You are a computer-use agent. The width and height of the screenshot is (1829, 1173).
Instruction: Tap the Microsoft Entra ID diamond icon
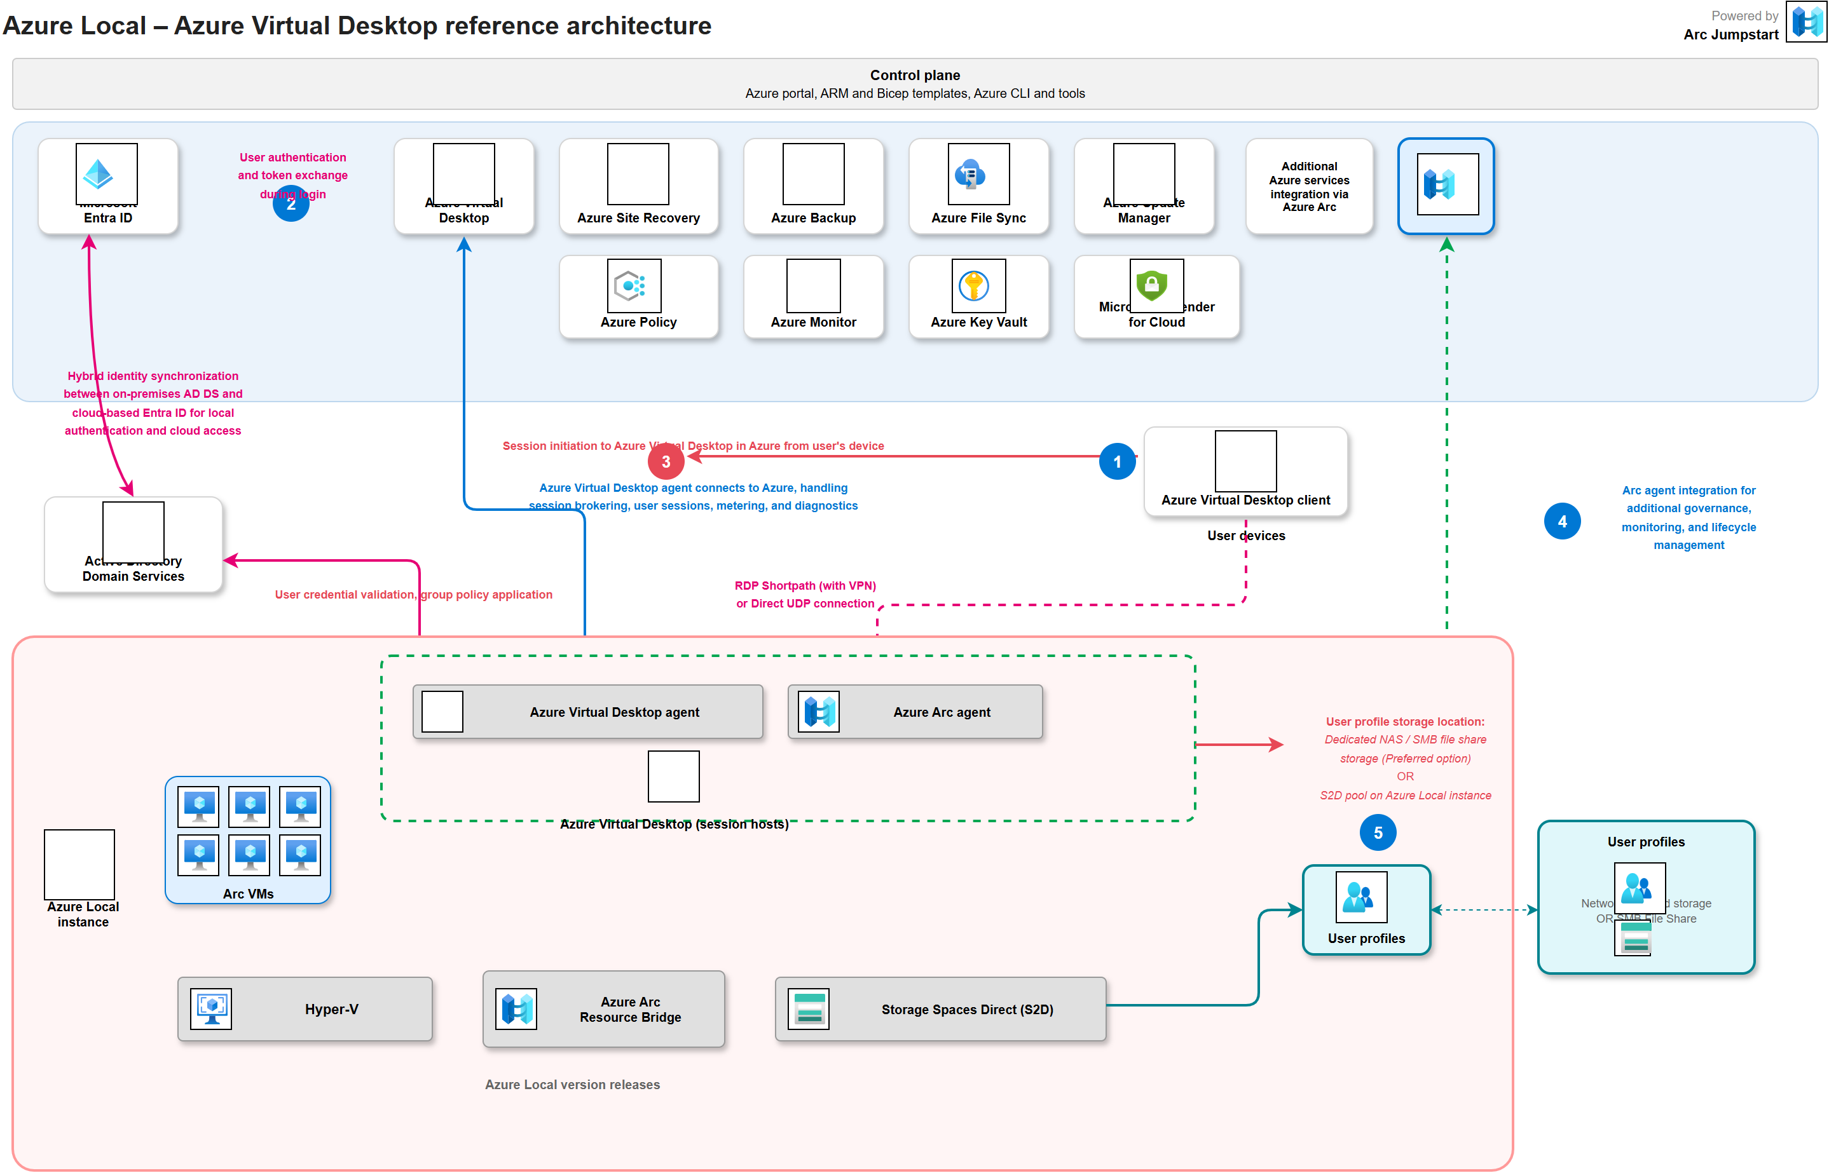click(99, 175)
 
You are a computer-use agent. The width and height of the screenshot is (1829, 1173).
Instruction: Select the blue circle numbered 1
click(1117, 461)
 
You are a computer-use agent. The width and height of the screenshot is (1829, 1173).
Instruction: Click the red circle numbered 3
click(666, 461)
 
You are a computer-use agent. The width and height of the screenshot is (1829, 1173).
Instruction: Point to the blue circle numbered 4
click(1561, 522)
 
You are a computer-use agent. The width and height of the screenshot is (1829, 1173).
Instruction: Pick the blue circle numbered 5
click(1377, 832)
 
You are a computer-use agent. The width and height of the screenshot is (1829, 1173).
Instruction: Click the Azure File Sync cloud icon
click(970, 175)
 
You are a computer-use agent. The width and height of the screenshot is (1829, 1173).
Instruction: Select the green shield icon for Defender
click(1151, 285)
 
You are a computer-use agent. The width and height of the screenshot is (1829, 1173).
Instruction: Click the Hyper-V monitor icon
click(211, 1008)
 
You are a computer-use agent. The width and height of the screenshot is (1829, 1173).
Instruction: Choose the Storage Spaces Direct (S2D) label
click(966, 1009)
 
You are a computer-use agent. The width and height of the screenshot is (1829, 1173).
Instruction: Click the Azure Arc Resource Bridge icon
click(516, 1009)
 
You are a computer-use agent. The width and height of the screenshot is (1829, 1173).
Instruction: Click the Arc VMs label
click(248, 893)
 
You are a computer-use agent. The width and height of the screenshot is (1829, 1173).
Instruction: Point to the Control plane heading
click(914, 74)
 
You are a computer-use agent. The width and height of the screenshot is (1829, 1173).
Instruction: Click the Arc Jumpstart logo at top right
click(1807, 22)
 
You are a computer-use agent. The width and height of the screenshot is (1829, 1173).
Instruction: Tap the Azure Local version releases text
click(572, 1084)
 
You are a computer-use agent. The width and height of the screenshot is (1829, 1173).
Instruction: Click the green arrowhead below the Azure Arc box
click(1446, 245)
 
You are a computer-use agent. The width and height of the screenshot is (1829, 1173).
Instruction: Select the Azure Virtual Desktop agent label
click(614, 712)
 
